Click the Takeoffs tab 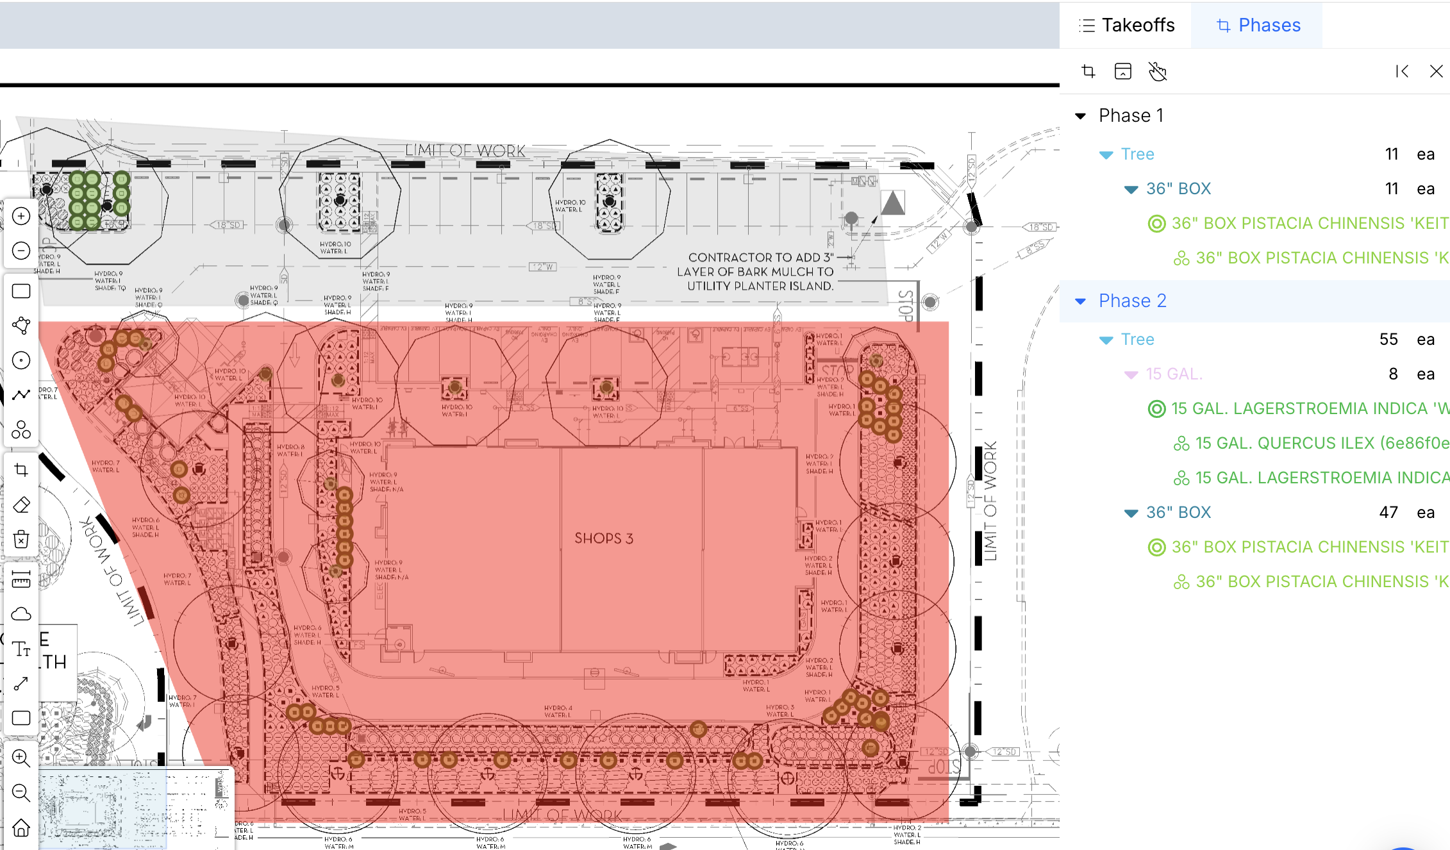(1127, 25)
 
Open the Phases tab (1258, 25)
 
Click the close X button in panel (1436, 71)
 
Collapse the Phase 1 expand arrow (1081, 116)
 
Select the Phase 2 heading (1132, 301)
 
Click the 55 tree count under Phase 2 (1388, 339)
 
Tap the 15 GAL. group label (1174, 374)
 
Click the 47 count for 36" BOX (1388, 512)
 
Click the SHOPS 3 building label (603, 538)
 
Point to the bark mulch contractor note (760, 272)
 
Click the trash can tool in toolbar (21, 539)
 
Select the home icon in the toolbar (21, 828)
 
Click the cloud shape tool (21, 614)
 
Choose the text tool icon (21, 649)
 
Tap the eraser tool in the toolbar (21, 504)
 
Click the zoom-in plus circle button (21, 216)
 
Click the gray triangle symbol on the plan (892, 204)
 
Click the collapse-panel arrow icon (1402, 71)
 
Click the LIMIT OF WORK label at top (465, 151)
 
